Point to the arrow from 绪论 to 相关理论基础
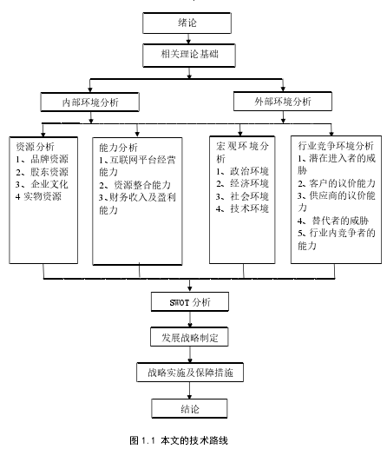188,39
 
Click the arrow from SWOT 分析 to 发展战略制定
190,320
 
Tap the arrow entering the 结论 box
189,390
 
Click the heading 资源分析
35,147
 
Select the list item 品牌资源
49,159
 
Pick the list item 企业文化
49,184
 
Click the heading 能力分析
118,148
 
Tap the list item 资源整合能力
142,185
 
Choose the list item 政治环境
249,171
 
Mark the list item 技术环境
249,208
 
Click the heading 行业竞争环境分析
336,146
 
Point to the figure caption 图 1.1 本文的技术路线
179,440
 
